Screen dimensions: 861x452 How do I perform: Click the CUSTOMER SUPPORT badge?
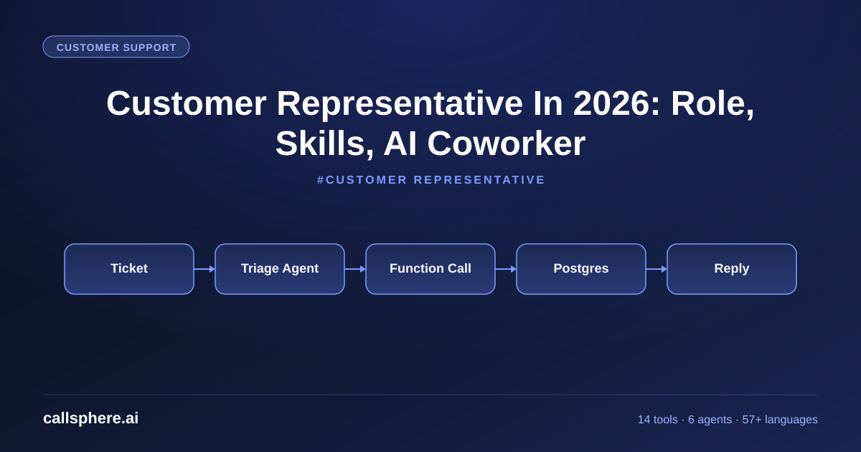[x=116, y=47]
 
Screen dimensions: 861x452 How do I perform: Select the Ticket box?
[x=129, y=269]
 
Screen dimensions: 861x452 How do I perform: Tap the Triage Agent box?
[x=280, y=269]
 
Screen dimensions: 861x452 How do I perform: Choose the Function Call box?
[x=430, y=269]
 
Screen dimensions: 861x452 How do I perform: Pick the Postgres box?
[x=581, y=269]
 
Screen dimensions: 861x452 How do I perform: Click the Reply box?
[x=732, y=269]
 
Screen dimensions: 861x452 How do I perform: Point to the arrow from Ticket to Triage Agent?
[x=204, y=269]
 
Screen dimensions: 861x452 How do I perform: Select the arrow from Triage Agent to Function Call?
[x=355, y=269]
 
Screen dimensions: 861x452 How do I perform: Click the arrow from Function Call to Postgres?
[x=506, y=269]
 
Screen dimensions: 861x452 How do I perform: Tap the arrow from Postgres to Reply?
[x=657, y=269]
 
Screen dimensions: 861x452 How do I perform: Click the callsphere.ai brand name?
[x=90, y=418]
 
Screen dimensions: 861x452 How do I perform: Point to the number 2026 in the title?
[x=616, y=103]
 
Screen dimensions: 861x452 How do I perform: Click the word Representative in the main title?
[x=400, y=105]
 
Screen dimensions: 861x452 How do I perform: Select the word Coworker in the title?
[x=507, y=143]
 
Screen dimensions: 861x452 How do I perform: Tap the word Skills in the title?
[x=324, y=144]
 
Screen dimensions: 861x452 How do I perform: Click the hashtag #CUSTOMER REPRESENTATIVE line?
[x=431, y=180]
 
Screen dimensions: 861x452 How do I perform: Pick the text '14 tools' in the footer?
[x=658, y=419]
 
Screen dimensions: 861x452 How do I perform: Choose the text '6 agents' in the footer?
[x=710, y=420]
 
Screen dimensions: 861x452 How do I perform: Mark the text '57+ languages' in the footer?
[x=780, y=420]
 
